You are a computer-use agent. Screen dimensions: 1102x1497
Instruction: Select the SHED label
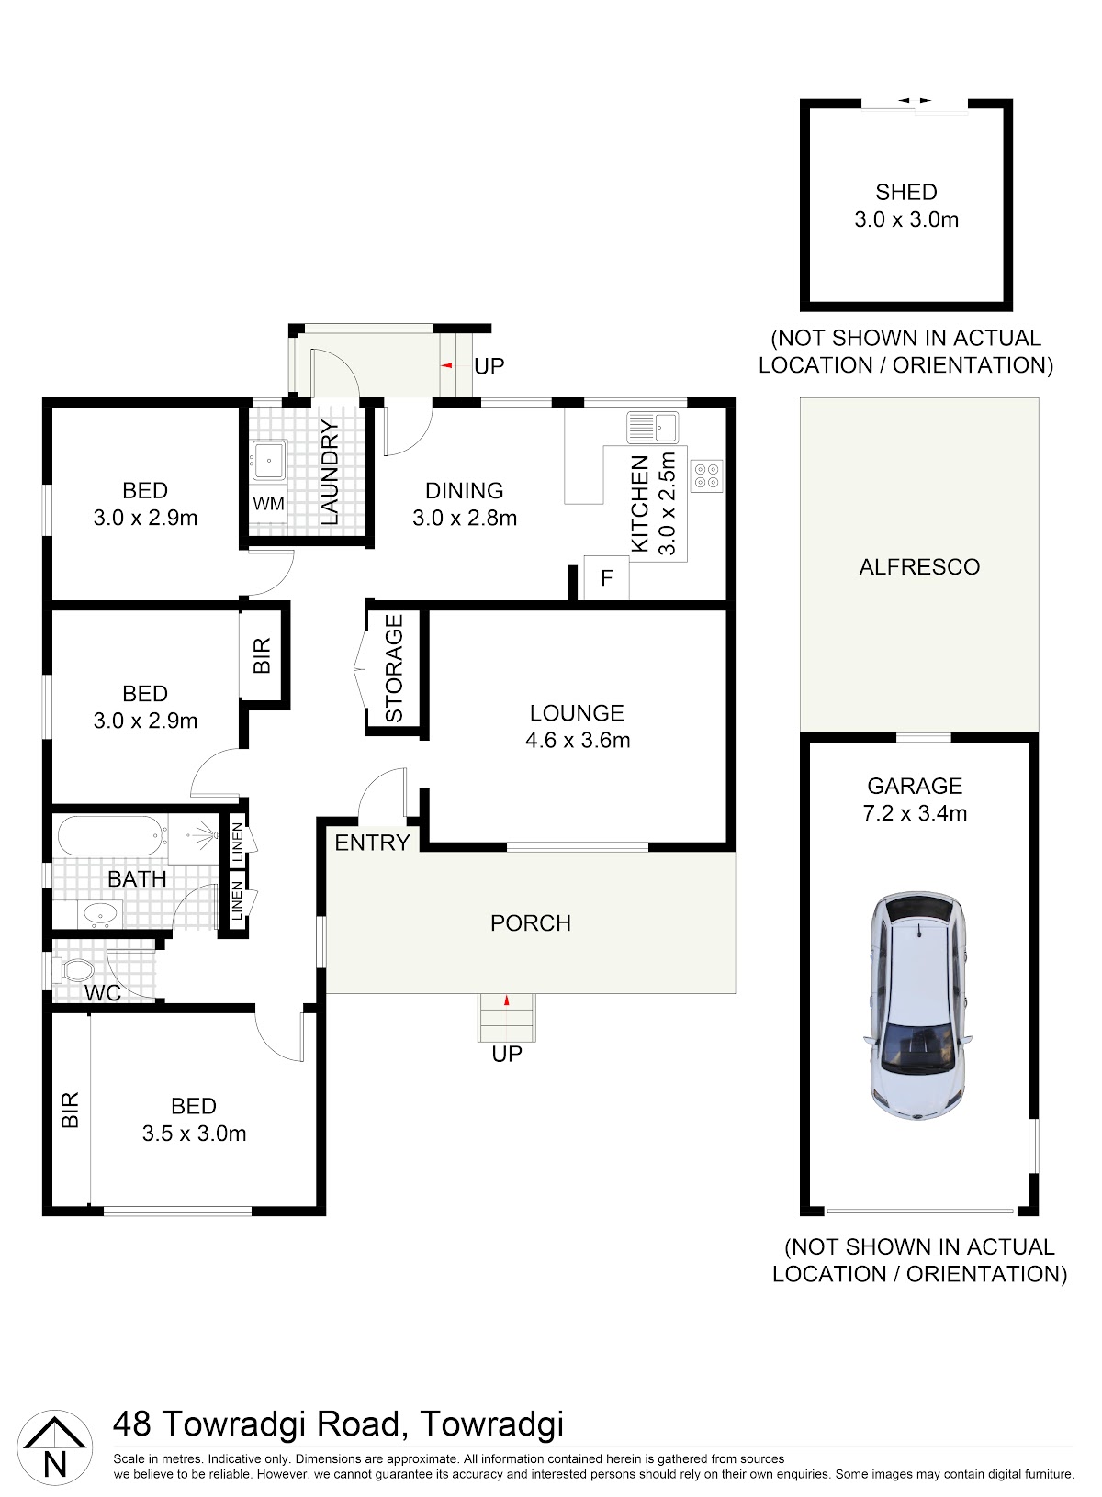pyautogui.click(x=906, y=193)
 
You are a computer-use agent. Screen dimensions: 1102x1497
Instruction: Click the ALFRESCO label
pyautogui.click(x=919, y=566)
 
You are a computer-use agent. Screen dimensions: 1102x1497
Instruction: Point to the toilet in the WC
pyautogui.click(x=74, y=970)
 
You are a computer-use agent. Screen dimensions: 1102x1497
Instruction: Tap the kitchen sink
pyautogui.click(x=652, y=427)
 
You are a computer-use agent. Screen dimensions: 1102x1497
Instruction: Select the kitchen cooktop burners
pyautogui.click(x=707, y=475)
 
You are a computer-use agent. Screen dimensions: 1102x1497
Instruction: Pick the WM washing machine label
pyautogui.click(x=268, y=504)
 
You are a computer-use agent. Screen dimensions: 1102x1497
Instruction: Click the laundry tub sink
pyautogui.click(x=269, y=460)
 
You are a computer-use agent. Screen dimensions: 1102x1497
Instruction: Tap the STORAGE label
pyautogui.click(x=394, y=668)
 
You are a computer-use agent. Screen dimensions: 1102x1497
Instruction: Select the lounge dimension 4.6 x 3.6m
pyautogui.click(x=578, y=741)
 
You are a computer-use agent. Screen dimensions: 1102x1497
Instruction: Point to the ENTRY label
pyautogui.click(x=372, y=843)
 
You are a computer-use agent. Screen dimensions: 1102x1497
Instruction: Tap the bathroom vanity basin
pyautogui.click(x=100, y=912)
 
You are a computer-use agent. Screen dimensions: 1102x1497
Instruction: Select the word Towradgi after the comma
pyautogui.click(x=492, y=1424)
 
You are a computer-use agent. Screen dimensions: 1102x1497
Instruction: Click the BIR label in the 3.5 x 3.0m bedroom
pyautogui.click(x=70, y=1110)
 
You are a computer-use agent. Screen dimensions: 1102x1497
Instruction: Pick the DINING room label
pyautogui.click(x=464, y=490)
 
